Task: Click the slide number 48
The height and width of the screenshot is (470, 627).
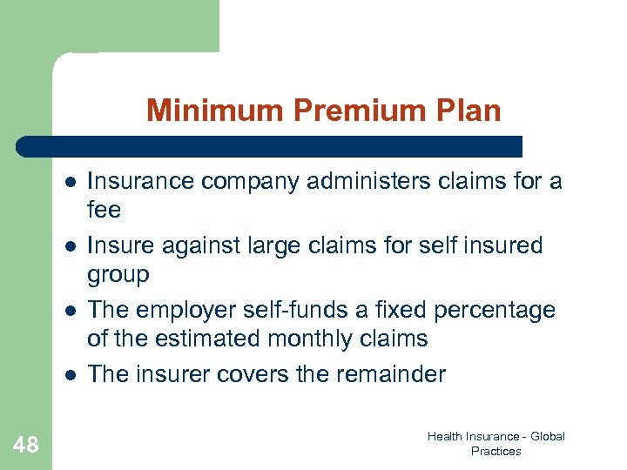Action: coord(26,446)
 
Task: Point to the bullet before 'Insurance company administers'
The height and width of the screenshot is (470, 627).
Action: coord(68,182)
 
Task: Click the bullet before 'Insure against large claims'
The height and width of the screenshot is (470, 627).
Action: coord(68,246)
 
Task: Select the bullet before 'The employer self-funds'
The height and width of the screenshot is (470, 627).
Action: coord(68,311)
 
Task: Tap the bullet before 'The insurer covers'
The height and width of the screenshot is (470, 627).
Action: coord(68,375)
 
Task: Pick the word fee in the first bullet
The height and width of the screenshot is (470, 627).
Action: coord(104,210)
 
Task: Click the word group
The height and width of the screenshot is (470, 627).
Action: coord(118,275)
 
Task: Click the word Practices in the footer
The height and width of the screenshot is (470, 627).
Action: coord(496,451)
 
